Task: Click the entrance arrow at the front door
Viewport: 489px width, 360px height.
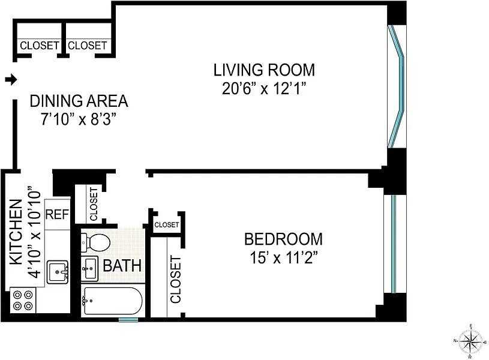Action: pyautogui.click(x=11, y=80)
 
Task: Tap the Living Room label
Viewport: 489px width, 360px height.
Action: pyautogui.click(x=264, y=70)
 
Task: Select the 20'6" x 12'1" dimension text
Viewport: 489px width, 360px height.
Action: pyautogui.click(x=264, y=89)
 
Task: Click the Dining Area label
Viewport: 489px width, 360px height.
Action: pyautogui.click(x=79, y=101)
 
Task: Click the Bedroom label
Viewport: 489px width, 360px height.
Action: pyautogui.click(x=283, y=239)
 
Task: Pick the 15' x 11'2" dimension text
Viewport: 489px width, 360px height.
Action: pyautogui.click(x=283, y=258)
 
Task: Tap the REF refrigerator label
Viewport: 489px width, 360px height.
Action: pyautogui.click(x=57, y=215)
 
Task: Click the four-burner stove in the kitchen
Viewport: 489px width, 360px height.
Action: pyautogui.click(x=23, y=300)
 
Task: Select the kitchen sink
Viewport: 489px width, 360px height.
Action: pyautogui.click(x=58, y=272)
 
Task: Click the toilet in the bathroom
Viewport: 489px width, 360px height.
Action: pyautogui.click(x=95, y=242)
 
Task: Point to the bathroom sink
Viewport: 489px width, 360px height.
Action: pyautogui.click(x=89, y=268)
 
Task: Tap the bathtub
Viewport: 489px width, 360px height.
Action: pyautogui.click(x=113, y=301)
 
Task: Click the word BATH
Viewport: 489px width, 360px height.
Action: pyautogui.click(x=122, y=266)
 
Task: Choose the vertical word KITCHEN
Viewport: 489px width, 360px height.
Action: pyautogui.click(x=16, y=232)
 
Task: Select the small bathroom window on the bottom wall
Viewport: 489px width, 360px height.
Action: pyautogui.click(x=128, y=319)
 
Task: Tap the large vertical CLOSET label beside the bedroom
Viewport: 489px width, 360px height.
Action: pyautogui.click(x=176, y=279)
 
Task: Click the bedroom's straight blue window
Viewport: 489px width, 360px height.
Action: pyautogui.click(x=393, y=244)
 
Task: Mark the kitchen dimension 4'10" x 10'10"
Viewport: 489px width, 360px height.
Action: pyautogui.click(x=34, y=232)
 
